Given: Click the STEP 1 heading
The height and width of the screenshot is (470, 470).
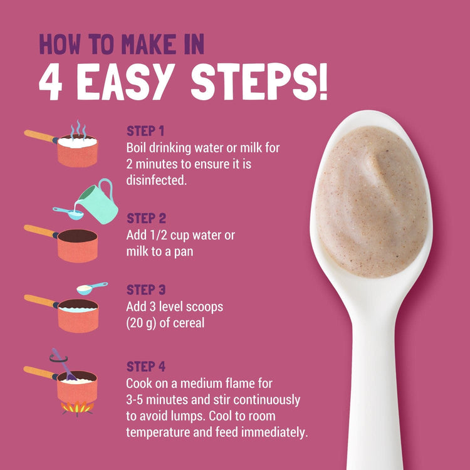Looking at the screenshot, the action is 145,131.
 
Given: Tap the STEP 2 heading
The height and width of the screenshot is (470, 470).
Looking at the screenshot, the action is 146,218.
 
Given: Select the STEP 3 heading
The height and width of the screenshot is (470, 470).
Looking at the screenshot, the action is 146,290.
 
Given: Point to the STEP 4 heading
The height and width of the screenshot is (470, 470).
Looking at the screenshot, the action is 146,367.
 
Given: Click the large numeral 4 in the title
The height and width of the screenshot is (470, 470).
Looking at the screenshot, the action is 50,81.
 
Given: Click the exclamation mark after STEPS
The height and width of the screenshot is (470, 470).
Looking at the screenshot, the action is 323,81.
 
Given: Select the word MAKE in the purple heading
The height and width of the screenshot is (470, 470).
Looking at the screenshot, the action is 149,44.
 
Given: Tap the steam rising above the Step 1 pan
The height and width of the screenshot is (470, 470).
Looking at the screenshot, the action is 78,128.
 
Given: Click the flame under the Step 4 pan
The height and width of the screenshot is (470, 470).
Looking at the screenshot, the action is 77,408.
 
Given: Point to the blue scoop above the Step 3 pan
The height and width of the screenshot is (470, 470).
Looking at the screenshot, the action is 91,288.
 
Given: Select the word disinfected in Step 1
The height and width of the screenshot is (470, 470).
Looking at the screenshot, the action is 156,180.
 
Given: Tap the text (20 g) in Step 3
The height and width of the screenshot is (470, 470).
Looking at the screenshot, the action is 141,323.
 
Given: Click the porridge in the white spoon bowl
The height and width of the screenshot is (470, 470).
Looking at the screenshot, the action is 372,201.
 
